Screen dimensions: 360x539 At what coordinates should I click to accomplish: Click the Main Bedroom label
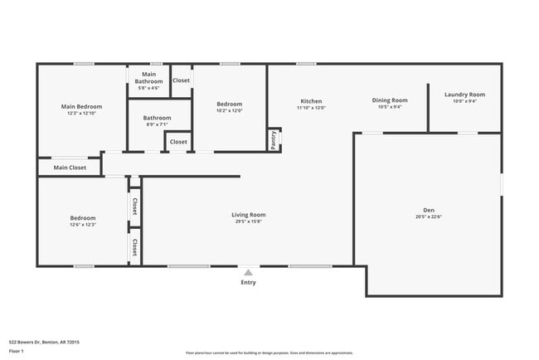click(x=81, y=107)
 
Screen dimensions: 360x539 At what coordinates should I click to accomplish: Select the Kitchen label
click(x=311, y=101)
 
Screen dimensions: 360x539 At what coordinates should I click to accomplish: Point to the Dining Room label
click(x=389, y=100)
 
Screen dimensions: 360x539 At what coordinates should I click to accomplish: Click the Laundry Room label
click(x=464, y=95)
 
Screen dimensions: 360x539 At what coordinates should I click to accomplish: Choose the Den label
click(x=428, y=210)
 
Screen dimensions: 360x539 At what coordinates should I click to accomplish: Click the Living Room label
click(x=248, y=215)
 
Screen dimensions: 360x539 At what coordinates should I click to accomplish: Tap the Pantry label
click(x=273, y=139)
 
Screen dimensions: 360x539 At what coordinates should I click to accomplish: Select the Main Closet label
click(x=70, y=168)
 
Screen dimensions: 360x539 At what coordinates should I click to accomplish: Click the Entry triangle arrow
click(x=248, y=271)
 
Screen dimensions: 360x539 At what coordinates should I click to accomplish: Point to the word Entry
click(x=248, y=282)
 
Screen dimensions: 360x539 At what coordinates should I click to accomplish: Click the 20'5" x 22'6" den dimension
click(x=428, y=217)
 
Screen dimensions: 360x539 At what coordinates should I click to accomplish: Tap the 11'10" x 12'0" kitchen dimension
click(x=311, y=108)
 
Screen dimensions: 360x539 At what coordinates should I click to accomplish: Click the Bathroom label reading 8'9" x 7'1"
click(x=157, y=118)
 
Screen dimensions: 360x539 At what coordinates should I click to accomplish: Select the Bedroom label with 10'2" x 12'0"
click(x=229, y=104)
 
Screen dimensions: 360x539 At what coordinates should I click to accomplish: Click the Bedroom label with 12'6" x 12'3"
click(x=82, y=218)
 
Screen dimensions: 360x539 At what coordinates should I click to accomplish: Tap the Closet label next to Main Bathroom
click(x=181, y=80)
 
